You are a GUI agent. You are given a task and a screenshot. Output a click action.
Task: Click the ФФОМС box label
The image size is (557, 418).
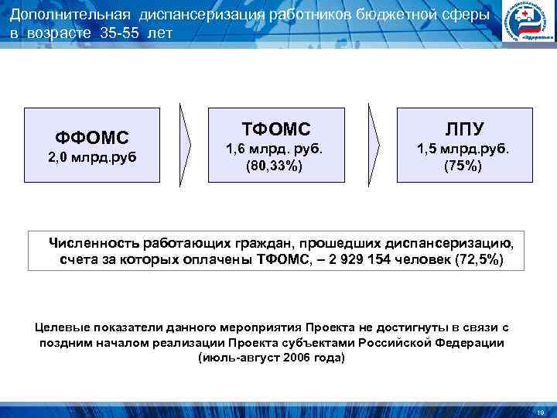pos(91,137)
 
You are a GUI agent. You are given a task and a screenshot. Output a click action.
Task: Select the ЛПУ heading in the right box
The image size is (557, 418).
pos(463,128)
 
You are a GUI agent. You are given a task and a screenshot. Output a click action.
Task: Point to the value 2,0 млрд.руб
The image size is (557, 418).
pos(91,159)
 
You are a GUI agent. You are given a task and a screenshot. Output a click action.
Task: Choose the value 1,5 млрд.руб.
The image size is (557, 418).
pos(463,149)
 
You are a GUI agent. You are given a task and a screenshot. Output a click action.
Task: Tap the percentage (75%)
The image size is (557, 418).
pos(463,166)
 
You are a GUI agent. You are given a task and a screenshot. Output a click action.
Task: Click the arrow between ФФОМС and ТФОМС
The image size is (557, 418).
pos(188,144)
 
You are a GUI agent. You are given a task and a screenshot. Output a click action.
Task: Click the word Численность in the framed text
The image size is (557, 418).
pos(94,242)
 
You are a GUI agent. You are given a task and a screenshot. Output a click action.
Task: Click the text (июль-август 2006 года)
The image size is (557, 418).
pos(272,358)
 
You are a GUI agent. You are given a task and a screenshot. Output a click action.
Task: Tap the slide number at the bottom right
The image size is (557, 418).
pos(540,411)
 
